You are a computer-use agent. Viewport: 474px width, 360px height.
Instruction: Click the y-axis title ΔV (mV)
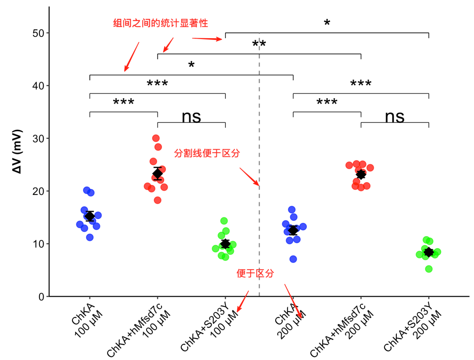17,151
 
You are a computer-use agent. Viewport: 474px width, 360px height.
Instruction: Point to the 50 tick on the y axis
47,33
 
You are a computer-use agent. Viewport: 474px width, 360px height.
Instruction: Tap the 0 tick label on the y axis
42,297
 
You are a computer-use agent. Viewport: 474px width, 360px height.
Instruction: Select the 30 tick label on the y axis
39,139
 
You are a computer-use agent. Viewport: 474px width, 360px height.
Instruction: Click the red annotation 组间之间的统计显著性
161,23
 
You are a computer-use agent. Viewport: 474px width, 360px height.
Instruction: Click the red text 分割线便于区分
207,153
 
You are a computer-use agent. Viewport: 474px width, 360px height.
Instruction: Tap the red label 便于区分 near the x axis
255,273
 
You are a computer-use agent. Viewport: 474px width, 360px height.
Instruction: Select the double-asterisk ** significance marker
259,44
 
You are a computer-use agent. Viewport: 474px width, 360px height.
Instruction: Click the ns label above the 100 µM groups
191,117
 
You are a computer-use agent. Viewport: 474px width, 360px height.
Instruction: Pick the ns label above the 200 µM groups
395,117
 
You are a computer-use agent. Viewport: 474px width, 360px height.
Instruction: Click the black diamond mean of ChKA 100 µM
90,216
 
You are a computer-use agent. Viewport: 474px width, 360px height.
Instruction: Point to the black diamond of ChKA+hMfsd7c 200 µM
361,174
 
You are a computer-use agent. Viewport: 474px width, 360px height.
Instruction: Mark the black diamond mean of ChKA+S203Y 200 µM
429,252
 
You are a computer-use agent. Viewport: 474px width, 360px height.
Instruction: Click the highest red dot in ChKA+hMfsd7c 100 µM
156,138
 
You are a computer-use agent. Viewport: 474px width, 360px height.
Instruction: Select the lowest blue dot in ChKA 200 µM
293,259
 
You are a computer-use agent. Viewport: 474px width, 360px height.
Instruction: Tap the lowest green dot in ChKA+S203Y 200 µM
429,269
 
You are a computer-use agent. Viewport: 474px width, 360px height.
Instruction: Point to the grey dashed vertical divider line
259,165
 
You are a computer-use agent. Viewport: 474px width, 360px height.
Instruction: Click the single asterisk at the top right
327,23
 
